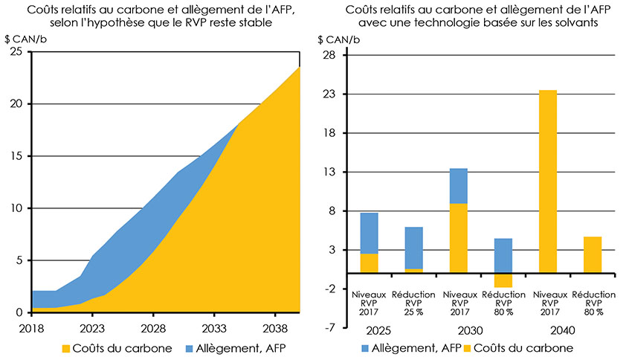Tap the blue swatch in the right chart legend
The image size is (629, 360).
(365, 348)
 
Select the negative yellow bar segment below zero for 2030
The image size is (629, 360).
(503, 280)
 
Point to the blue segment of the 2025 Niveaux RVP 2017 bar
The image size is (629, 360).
(369, 233)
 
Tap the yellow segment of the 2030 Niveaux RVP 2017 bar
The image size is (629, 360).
(459, 237)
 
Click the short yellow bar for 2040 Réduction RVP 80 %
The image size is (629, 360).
(593, 254)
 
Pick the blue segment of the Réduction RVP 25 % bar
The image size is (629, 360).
(414, 248)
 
